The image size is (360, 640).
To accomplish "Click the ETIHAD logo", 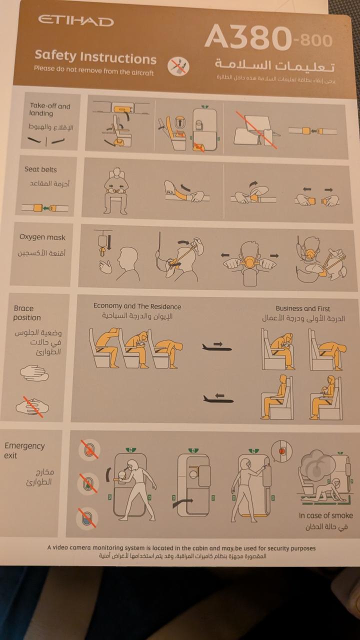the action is point(75,20).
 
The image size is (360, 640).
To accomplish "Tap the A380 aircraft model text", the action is point(248,37).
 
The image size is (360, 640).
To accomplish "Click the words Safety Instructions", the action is point(95,57).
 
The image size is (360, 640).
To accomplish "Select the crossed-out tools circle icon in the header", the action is point(178,65).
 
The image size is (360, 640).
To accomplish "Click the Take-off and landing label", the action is point(50,109).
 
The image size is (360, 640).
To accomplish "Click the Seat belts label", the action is point(40,169).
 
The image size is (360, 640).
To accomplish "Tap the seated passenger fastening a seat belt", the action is point(115,190).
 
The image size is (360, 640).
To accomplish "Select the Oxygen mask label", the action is point(42,237).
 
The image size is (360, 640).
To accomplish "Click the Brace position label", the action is point(27,313).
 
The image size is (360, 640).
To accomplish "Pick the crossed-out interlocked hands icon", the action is point(32,406).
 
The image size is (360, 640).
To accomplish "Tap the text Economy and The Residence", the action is point(137,306).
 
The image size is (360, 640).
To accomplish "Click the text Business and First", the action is point(303,308).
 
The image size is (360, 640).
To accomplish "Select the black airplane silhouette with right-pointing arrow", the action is point(217,346).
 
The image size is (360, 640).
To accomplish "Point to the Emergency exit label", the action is point(24,450).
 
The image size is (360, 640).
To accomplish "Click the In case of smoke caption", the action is point(325,515).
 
